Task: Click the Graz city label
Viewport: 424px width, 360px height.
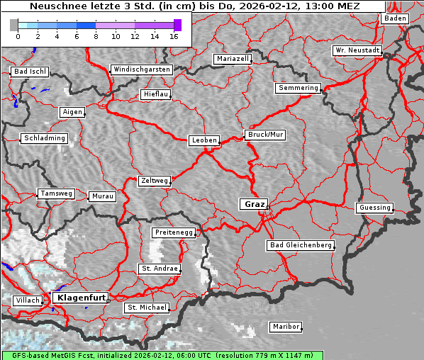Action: point(254,204)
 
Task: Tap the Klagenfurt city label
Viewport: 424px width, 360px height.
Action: point(81,298)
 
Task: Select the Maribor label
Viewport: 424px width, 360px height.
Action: point(286,327)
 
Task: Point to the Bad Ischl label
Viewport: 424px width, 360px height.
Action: point(30,72)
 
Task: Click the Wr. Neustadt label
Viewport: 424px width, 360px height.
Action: point(357,51)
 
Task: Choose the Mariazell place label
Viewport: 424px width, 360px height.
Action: point(233,59)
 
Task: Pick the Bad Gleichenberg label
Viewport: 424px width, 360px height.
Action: point(300,245)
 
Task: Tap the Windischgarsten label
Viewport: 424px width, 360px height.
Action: point(141,69)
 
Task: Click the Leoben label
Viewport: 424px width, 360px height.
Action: point(203,140)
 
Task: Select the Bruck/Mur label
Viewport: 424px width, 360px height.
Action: point(264,134)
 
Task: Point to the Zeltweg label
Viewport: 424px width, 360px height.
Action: point(154,181)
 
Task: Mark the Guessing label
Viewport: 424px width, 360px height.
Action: point(374,208)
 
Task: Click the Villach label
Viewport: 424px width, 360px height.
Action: point(27,300)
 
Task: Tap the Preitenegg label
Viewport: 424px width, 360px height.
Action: point(173,232)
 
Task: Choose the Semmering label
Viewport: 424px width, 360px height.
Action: point(298,88)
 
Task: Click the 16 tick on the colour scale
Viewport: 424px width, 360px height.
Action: point(174,35)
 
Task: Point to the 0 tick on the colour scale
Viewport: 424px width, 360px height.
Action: point(17,35)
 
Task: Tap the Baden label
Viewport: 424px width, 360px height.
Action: point(395,18)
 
